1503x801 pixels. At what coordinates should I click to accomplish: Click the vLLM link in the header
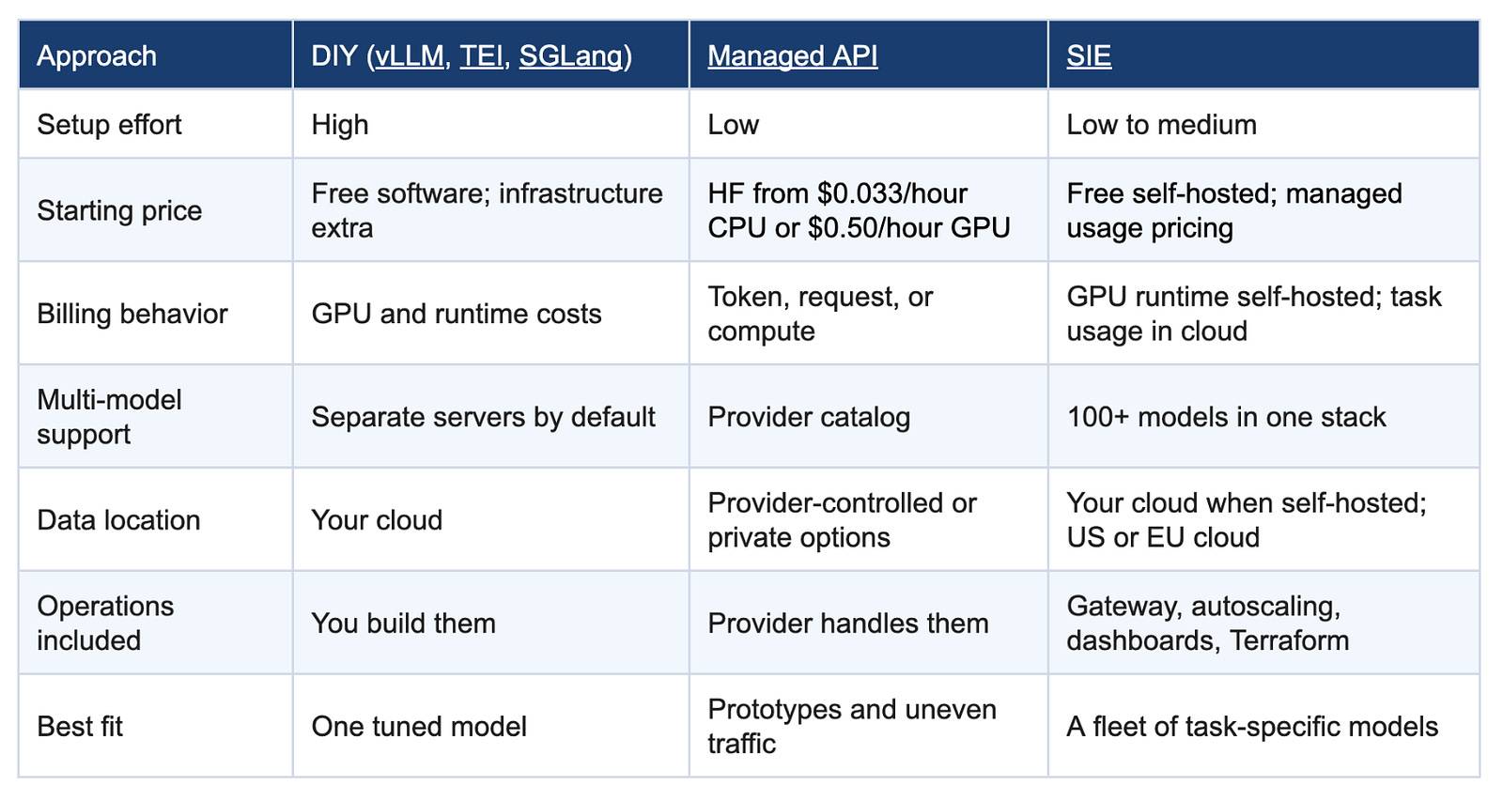[409, 55]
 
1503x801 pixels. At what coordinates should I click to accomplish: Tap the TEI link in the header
[481, 55]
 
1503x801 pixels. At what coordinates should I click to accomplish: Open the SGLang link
[571, 56]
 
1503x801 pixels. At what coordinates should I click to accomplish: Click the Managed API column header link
[793, 55]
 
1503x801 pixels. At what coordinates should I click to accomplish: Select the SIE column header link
[1089, 55]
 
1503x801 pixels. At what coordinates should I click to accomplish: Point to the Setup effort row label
[109, 125]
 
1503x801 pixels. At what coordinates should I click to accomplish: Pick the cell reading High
[339, 126]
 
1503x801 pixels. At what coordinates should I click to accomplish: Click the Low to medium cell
[1161, 125]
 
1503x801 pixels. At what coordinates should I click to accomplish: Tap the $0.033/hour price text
[892, 193]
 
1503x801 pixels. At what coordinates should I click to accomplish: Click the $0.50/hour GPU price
[908, 228]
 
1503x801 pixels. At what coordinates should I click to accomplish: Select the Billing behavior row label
[132, 314]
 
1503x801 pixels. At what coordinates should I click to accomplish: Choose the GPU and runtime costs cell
[457, 314]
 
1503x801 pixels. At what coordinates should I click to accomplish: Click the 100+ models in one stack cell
[1226, 417]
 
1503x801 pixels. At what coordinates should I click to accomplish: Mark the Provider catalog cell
[809, 417]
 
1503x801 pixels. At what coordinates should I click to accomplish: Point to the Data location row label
[118, 520]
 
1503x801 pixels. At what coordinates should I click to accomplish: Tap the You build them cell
[403, 624]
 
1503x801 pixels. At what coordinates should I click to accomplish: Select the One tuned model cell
[419, 727]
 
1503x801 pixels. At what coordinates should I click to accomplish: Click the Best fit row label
[80, 727]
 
